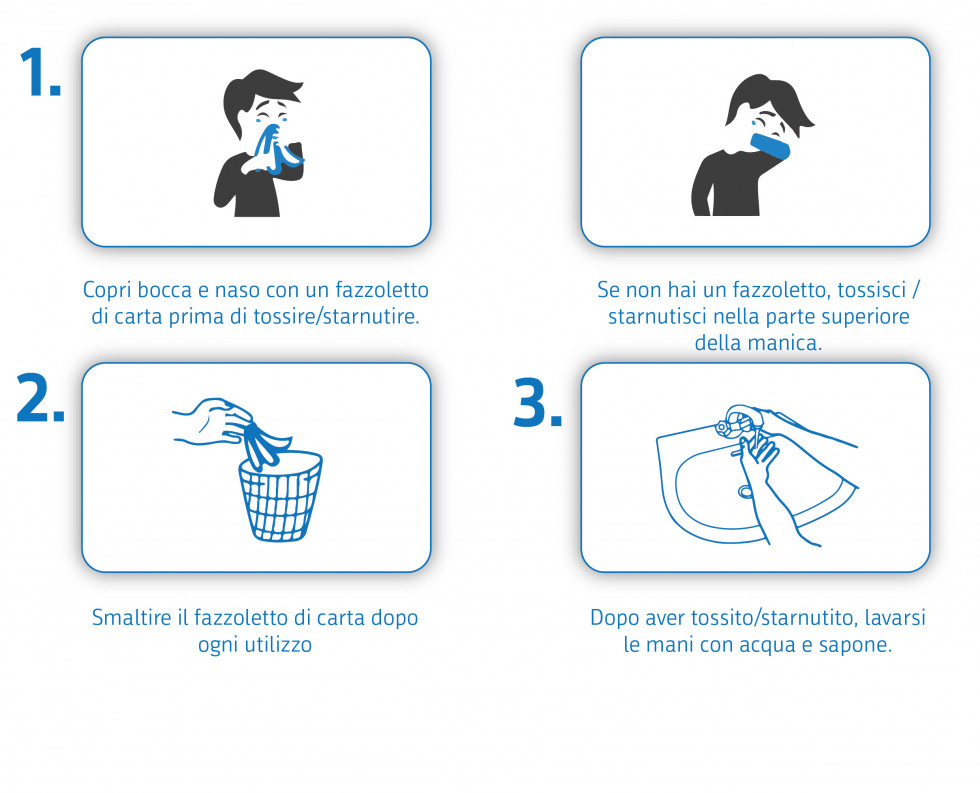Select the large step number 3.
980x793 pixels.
pyautogui.click(x=537, y=403)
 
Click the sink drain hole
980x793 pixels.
pyautogui.click(x=745, y=491)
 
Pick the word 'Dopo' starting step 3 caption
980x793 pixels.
pyautogui.click(x=614, y=617)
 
